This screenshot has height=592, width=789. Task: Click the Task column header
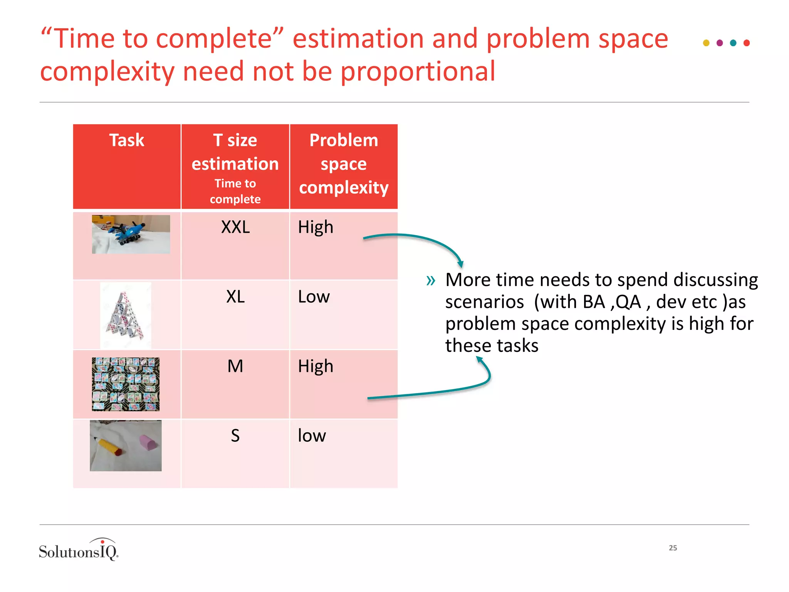coord(127,140)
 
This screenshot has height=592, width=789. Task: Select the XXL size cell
coord(235,227)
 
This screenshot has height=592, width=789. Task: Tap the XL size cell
coord(235,297)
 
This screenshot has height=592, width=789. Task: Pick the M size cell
coord(235,366)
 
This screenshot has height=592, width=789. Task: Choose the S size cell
coord(235,436)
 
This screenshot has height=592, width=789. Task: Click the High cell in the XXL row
coord(316,227)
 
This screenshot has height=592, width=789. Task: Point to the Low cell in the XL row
coord(314,297)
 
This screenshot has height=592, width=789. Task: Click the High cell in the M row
coord(316,366)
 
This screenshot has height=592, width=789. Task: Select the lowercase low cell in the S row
coord(312,436)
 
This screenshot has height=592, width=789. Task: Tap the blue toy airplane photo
coord(131,234)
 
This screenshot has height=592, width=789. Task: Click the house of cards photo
coord(126,315)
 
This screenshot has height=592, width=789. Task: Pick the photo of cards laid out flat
coord(126,384)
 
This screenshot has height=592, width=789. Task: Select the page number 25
coord(673,548)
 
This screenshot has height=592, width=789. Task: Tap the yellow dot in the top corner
coord(706,43)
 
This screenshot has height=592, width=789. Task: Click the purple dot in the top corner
coord(719,43)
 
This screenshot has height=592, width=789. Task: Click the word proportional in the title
coord(418,72)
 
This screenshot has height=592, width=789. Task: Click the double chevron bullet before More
coord(431,280)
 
